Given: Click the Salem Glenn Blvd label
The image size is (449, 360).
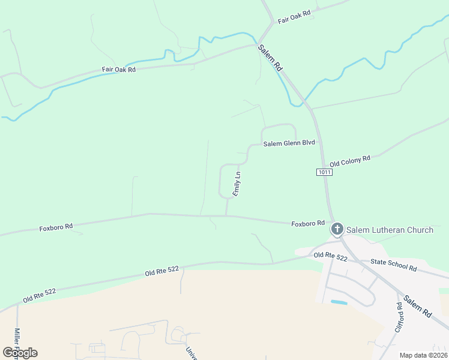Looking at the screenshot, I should (289, 143).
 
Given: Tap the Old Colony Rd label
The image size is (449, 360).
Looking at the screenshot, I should (350, 161).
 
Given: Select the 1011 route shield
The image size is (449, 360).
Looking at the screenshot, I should (324, 172).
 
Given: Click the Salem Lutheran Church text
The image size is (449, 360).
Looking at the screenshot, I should (390, 230).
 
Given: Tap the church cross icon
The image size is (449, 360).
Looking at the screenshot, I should (337, 229).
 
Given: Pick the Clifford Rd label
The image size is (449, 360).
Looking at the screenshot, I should (399, 317).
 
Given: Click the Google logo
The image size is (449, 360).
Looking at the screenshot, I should (20, 353).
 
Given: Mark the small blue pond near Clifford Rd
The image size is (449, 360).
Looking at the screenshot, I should (339, 302).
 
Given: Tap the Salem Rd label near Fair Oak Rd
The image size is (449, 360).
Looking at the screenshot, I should (270, 58).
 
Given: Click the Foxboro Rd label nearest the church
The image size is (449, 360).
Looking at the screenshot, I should (308, 223).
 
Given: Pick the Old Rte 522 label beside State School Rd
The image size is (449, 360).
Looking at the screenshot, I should (331, 257).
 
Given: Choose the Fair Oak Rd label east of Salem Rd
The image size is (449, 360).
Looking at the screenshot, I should (294, 17).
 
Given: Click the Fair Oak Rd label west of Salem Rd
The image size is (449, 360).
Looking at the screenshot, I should (119, 70).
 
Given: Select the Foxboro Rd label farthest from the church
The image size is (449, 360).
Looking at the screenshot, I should (56, 227).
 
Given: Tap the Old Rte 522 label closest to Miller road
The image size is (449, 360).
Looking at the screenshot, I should (40, 295).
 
